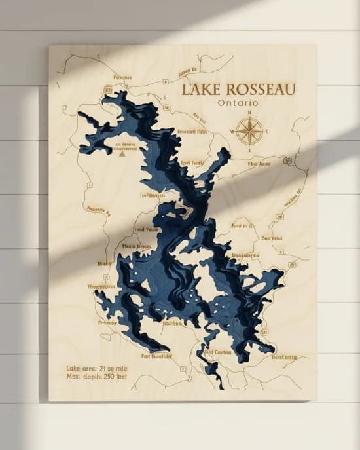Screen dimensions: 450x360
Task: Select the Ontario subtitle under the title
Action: point(238,103)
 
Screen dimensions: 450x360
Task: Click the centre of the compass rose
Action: point(249,130)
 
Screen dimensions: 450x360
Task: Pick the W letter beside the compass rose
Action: point(232,131)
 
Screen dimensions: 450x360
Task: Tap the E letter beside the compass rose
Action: point(266,131)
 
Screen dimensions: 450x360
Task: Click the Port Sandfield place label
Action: point(156,356)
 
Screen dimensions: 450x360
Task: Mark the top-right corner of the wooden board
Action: point(317,45)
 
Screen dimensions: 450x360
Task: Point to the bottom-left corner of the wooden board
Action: point(49,400)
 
